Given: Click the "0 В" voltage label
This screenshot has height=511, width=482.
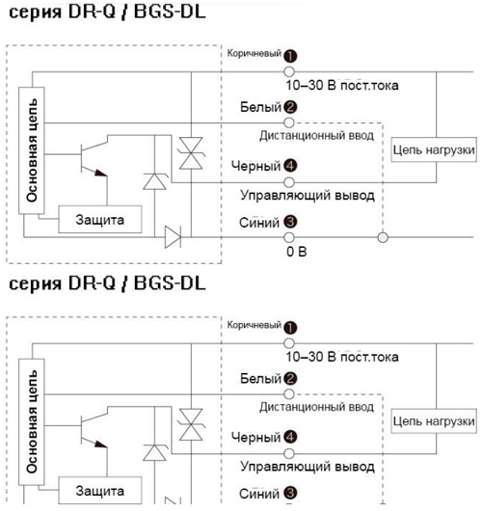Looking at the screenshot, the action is pyautogui.click(x=297, y=252).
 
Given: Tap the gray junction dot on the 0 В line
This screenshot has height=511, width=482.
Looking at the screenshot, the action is pyautogui.click(x=383, y=237).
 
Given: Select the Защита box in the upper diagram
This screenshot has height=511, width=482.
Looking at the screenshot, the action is pyautogui.click(x=100, y=219).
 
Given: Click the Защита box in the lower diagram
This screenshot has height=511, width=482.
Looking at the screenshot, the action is pyautogui.click(x=100, y=491).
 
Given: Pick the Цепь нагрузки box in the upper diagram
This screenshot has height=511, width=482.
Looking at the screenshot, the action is pyautogui.click(x=434, y=149).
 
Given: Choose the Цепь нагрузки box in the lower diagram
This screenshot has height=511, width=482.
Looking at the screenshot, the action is pyautogui.click(x=434, y=421).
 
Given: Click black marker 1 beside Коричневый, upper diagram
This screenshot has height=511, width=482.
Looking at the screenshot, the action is pyautogui.click(x=290, y=56).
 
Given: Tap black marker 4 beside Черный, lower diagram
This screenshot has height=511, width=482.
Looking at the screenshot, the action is pyautogui.click(x=290, y=437).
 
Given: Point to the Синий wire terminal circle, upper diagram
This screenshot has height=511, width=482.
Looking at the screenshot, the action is pyautogui.click(x=289, y=237).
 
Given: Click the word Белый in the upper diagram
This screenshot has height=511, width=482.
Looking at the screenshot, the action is pyautogui.click(x=260, y=107).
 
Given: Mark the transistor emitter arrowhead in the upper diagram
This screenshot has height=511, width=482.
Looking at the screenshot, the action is pyautogui.click(x=101, y=173).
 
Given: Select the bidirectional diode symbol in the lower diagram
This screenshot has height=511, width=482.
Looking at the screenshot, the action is pyautogui.click(x=191, y=424).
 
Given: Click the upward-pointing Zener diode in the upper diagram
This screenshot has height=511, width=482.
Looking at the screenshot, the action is pyautogui.click(x=154, y=181).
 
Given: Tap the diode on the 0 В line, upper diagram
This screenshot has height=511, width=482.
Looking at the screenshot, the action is pyautogui.click(x=173, y=237).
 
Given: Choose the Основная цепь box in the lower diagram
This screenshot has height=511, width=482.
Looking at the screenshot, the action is pyautogui.click(x=32, y=421).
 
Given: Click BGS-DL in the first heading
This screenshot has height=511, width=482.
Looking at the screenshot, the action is pyautogui.click(x=170, y=13).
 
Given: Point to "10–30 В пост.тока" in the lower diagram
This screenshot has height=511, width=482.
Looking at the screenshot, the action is pyautogui.click(x=342, y=357).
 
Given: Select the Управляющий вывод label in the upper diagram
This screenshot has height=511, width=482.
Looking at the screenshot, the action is pyautogui.click(x=308, y=196).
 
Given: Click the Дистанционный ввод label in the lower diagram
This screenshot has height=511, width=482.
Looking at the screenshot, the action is pyautogui.click(x=316, y=407).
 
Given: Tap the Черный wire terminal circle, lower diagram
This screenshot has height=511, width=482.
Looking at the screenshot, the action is pyautogui.click(x=289, y=454).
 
